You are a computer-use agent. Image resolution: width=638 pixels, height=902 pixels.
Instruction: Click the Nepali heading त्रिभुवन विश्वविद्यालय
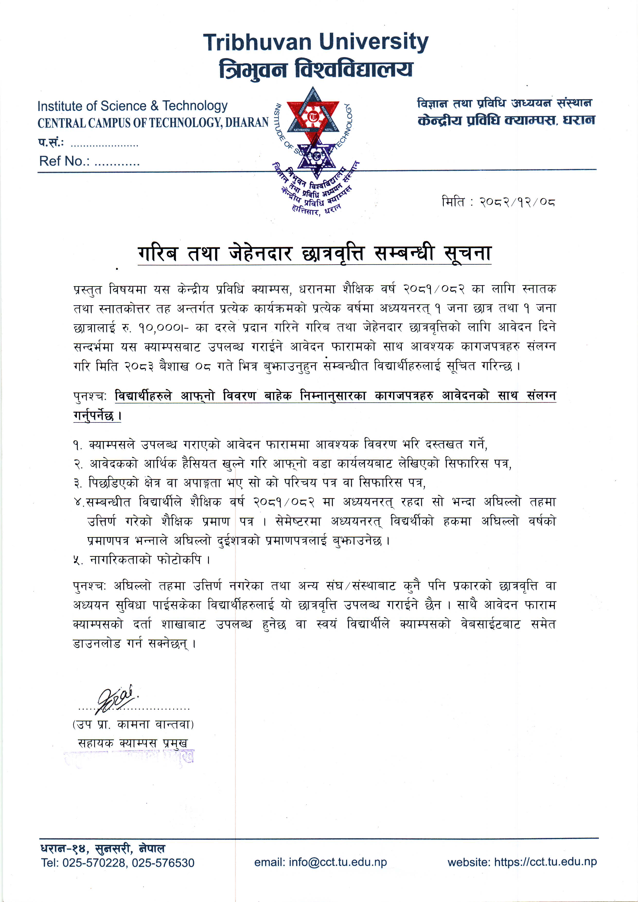316,69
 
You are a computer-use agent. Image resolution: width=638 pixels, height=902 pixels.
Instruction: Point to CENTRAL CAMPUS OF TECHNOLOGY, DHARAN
153,123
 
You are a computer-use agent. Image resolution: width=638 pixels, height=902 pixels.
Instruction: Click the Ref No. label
64,161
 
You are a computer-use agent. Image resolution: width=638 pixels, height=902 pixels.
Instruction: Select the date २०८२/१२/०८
517,202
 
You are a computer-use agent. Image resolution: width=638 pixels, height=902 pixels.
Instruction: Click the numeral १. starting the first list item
77,445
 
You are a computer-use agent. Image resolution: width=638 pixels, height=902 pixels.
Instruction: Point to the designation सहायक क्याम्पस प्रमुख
133,743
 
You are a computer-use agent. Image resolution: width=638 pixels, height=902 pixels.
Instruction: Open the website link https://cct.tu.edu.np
545,862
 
